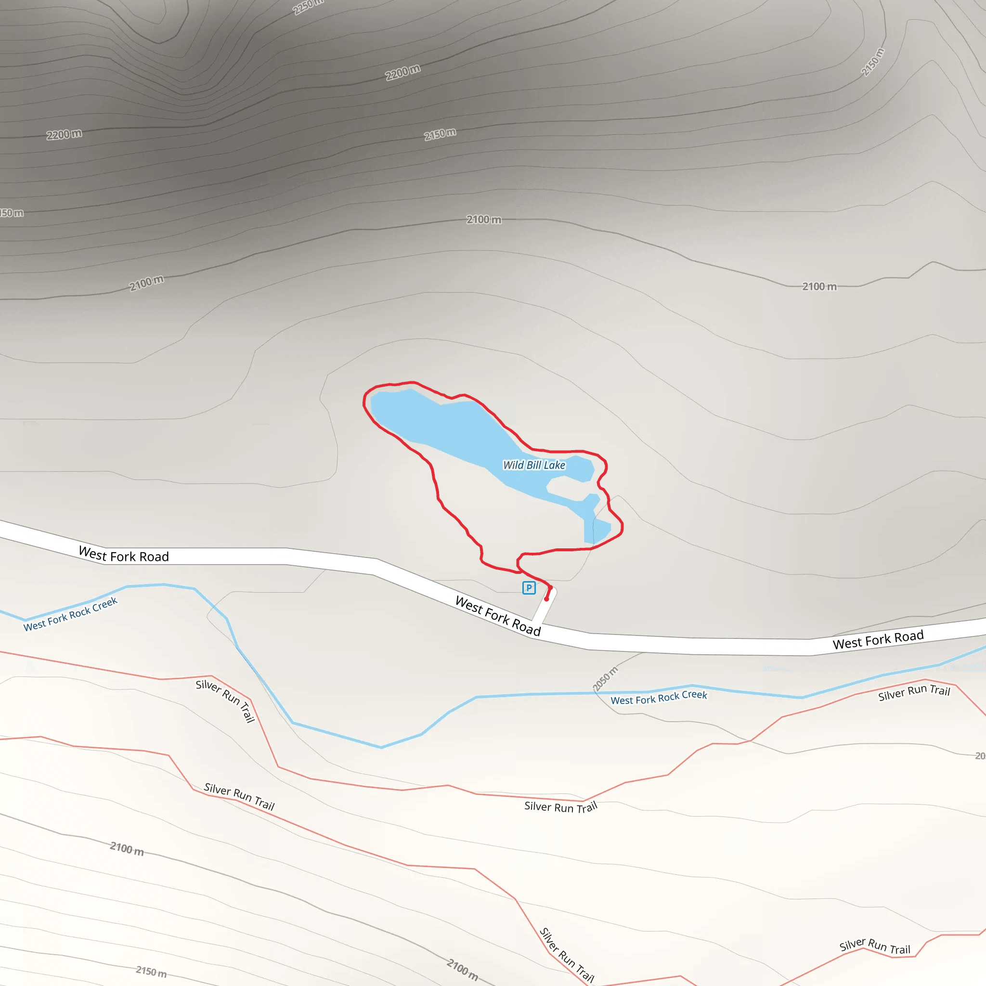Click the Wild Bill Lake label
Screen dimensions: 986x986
point(534,465)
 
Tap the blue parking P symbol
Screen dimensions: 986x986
point(529,588)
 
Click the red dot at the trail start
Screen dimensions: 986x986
point(546,598)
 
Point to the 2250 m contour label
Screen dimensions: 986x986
point(308,7)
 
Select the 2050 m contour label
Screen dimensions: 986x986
point(605,679)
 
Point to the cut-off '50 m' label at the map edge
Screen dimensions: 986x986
point(11,212)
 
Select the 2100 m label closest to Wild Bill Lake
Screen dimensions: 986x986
point(483,220)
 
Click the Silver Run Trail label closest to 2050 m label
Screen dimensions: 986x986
point(560,807)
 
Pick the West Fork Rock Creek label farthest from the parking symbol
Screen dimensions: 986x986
point(70,614)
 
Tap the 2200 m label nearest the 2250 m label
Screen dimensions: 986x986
point(402,73)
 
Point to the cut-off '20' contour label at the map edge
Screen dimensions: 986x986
point(980,756)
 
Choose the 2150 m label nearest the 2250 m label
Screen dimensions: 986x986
point(440,134)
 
